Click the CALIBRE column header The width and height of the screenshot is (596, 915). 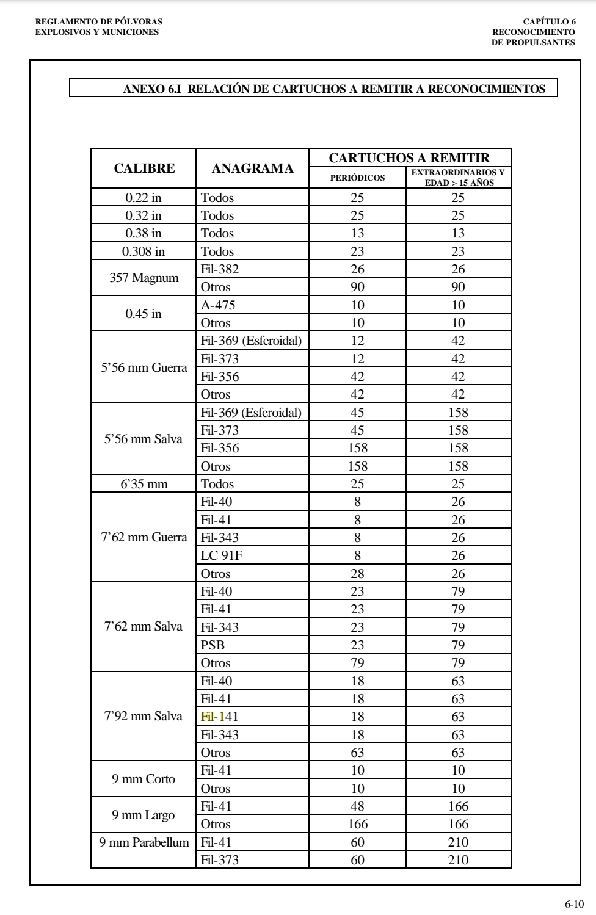(144, 168)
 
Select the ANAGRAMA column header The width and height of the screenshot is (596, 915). (252, 168)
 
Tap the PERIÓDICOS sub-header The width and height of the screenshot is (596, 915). (357, 178)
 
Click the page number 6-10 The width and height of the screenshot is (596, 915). (574, 904)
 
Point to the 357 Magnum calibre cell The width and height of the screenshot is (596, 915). (144, 278)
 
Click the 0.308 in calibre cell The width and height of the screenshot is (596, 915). (144, 251)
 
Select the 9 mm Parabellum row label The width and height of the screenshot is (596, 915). (144, 842)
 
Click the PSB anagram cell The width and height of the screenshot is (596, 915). (213, 645)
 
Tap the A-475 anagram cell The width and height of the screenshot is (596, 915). (217, 305)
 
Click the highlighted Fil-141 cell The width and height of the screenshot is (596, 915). (219, 717)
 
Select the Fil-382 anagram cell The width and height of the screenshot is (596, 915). (219, 269)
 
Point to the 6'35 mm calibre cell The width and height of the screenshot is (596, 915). (144, 484)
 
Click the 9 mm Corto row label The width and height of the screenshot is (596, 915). (144, 779)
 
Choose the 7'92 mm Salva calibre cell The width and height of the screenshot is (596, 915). (144, 717)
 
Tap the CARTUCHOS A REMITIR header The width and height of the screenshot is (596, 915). (409, 158)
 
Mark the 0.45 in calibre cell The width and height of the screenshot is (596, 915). (144, 314)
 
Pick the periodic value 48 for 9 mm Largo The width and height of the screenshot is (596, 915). (357, 806)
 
